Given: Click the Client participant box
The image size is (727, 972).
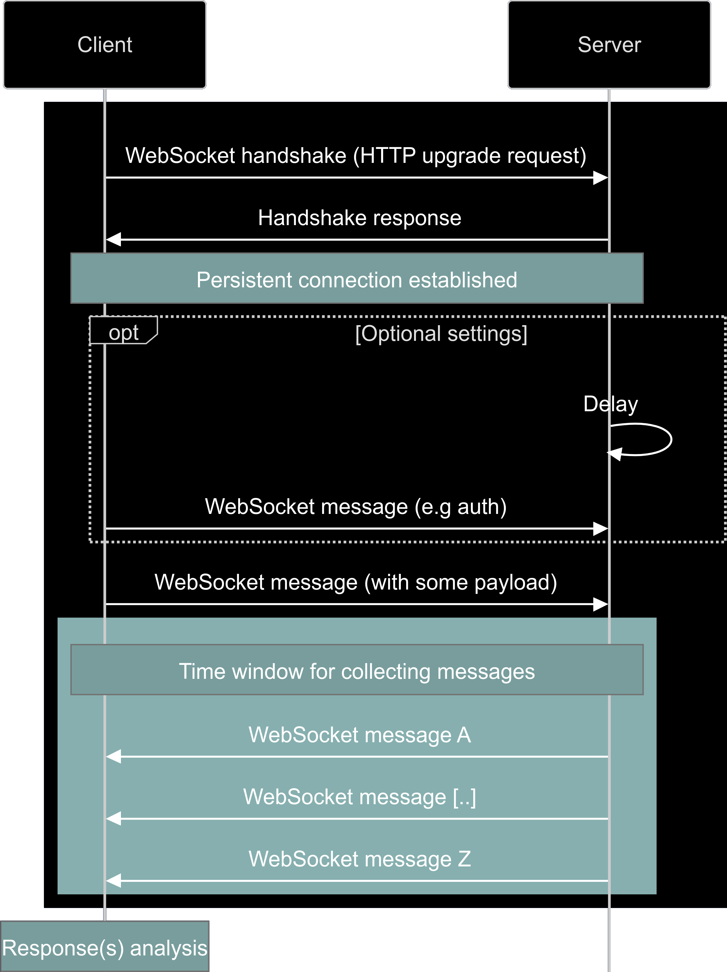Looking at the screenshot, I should pyautogui.click(x=105, y=44).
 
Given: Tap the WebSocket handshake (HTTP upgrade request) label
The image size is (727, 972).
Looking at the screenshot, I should pyautogui.click(x=356, y=156).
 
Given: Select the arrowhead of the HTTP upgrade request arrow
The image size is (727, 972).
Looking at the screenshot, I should pyautogui.click(x=600, y=178).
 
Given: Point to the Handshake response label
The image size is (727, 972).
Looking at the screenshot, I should pyautogui.click(x=359, y=218).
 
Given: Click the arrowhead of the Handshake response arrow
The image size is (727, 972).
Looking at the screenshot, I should pyautogui.click(x=114, y=239).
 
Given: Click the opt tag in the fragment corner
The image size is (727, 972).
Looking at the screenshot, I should pyautogui.click(x=124, y=333).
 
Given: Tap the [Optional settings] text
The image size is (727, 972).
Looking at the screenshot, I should pyautogui.click(x=441, y=334).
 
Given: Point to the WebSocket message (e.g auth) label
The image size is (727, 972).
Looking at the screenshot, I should pyautogui.click(x=356, y=507).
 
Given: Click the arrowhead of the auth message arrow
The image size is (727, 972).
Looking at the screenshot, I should pyautogui.click(x=600, y=529).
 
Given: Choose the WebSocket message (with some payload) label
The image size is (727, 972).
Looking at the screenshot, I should pyautogui.click(x=356, y=582).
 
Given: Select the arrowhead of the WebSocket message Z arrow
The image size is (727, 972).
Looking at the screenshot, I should pyautogui.click(x=114, y=881).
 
